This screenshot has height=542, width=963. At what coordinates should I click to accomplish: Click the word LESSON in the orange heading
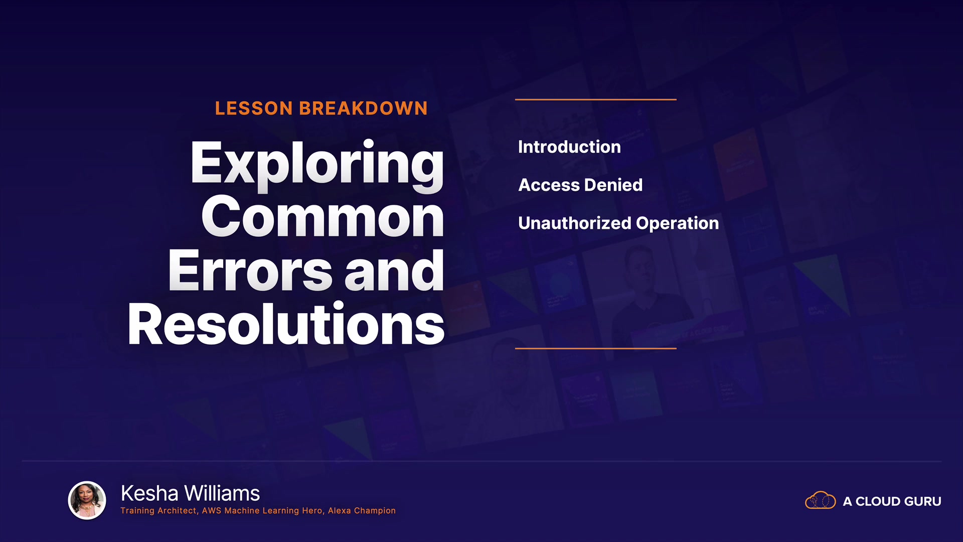pyautogui.click(x=254, y=108)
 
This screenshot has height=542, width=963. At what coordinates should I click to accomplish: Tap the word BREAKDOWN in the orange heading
pyautogui.click(x=364, y=108)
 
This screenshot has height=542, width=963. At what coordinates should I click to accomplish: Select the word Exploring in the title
pyautogui.click(x=317, y=166)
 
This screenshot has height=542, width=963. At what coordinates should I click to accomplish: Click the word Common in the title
pyautogui.click(x=323, y=217)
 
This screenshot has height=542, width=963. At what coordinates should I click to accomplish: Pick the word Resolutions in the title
pyautogui.click(x=286, y=324)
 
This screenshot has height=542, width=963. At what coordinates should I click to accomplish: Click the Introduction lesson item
pyautogui.click(x=569, y=147)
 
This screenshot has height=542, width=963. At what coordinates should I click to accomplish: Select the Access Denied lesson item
pyautogui.click(x=580, y=185)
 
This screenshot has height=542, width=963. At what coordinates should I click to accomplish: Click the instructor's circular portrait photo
pyautogui.click(x=87, y=500)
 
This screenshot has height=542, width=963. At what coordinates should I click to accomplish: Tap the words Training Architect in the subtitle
pyautogui.click(x=158, y=511)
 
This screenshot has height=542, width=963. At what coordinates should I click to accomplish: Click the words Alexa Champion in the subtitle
pyautogui.click(x=362, y=511)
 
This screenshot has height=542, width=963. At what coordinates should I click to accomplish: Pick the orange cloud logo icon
pyautogui.click(x=820, y=500)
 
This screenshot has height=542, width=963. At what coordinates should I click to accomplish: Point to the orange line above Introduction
pyautogui.click(x=596, y=99)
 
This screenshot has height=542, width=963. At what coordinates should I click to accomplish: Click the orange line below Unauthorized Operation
pyautogui.click(x=596, y=348)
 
